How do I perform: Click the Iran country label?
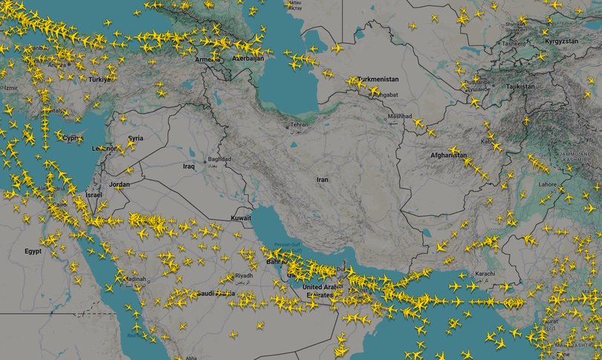[x=322, y=179]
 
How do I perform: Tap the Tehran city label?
[x=299, y=125]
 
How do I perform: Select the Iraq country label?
[x=188, y=167]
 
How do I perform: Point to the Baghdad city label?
[x=219, y=159]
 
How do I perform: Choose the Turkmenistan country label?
[x=378, y=79]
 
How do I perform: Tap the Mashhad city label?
[x=399, y=117]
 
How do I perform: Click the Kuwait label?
[x=242, y=218]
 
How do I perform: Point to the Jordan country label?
[x=119, y=184]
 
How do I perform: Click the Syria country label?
[x=136, y=138]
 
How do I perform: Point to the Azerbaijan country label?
[x=248, y=58]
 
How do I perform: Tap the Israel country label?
[x=94, y=195]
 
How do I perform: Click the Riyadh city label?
[x=243, y=276]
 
